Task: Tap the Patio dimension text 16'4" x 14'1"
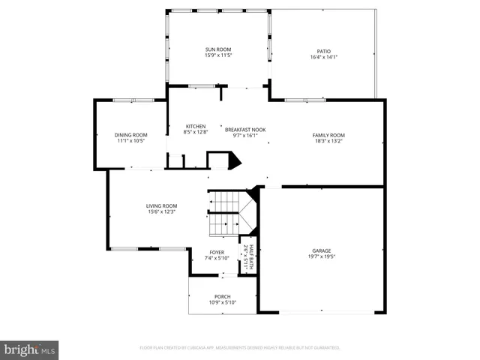[323, 56]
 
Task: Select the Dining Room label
[130, 135]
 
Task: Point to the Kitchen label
[196, 126]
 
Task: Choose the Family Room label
[328, 135]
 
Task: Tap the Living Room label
[161, 205]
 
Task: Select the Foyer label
[217, 253]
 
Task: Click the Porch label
[222, 296]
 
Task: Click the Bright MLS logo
[30, 349]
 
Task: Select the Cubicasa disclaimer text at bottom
[240, 348]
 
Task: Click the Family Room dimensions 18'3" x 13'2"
[328, 140]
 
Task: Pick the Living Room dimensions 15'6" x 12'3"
[161, 211]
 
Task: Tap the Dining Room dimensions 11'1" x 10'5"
[130, 140]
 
